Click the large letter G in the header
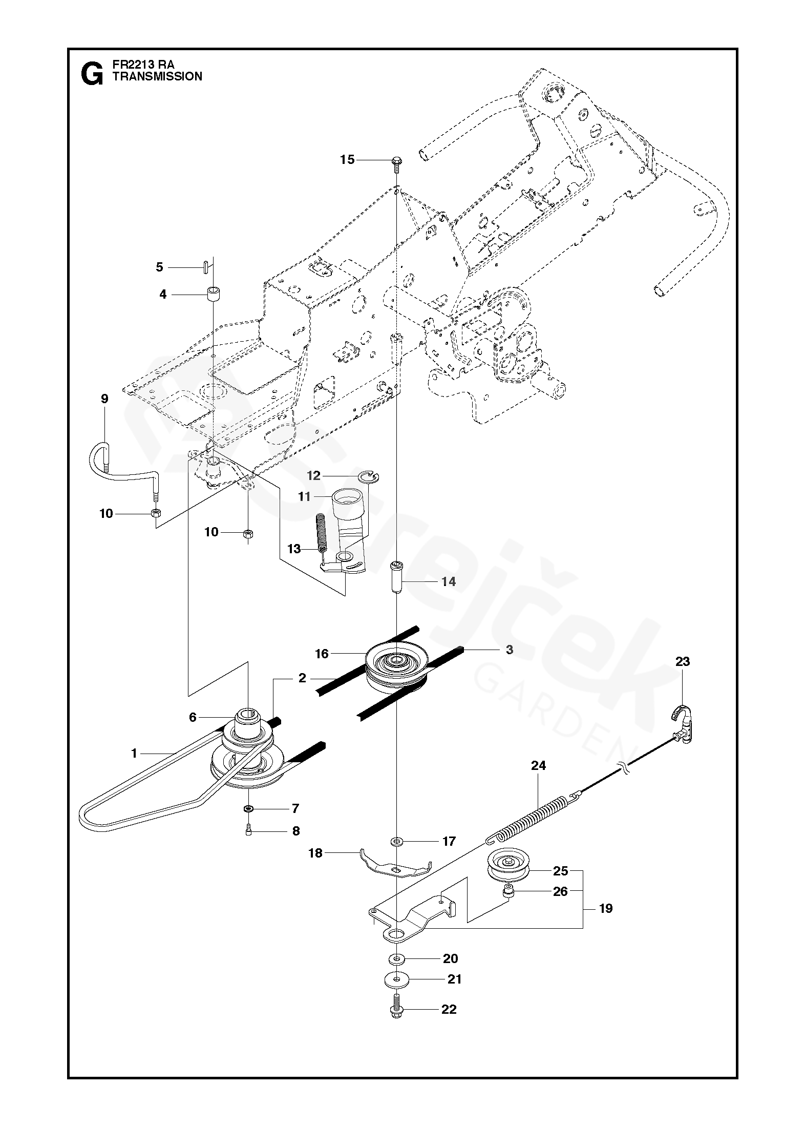pyautogui.click(x=92, y=75)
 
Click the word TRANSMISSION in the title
pyautogui.click(x=157, y=76)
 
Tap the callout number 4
pyautogui.click(x=163, y=295)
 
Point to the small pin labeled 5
pyautogui.click(x=205, y=267)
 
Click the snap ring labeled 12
pyautogui.click(x=370, y=477)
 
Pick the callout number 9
pyautogui.click(x=104, y=399)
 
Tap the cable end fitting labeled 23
pyautogui.click(x=682, y=723)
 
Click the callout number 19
pyautogui.click(x=606, y=909)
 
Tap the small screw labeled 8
pyautogui.click(x=248, y=831)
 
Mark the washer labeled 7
pyautogui.click(x=248, y=809)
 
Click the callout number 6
pyautogui.click(x=193, y=717)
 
